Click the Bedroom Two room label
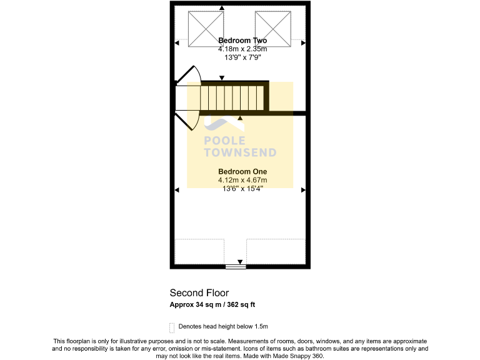tap(242, 41)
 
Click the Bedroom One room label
tap(242, 171)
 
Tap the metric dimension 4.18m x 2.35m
tap(242, 49)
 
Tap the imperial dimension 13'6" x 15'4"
tap(242, 188)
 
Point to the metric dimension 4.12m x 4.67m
tap(242, 180)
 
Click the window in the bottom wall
tap(236, 267)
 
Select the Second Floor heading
tap(199, 292)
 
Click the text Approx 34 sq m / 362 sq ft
tap(212, 305)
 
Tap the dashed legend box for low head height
tap(172, 327)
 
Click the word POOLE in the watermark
tap(225, 141)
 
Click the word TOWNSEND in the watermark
tap(240, 152)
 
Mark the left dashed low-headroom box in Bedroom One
tap(199, 251)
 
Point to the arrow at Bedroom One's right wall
tap(302, 189)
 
